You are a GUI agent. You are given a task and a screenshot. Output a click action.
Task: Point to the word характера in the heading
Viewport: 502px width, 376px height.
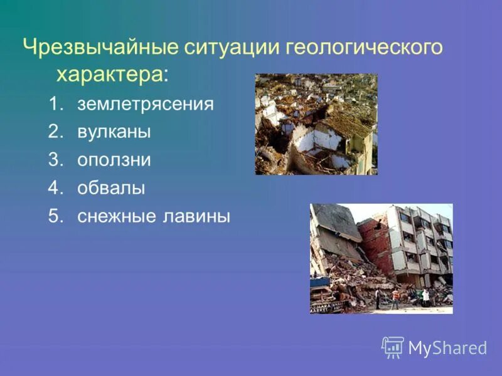coord(110,75)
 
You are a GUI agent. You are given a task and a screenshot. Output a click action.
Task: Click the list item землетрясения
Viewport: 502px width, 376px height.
coord(146,104)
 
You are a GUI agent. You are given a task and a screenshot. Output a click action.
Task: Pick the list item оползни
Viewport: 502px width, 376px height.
coord(114,160)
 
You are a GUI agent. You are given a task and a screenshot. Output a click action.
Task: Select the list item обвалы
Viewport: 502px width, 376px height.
coord(111,188)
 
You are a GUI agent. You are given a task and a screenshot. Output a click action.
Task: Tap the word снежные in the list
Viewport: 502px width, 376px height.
coord(117,216)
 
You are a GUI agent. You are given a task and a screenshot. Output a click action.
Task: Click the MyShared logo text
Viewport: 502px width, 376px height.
coord(447,348)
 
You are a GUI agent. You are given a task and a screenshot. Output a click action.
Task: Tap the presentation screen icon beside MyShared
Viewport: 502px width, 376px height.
coord(393,347)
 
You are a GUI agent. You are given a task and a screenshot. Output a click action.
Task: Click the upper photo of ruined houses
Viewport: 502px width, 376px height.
coord(316,124)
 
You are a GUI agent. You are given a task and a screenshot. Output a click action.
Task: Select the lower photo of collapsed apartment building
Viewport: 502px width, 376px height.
coord(381,258)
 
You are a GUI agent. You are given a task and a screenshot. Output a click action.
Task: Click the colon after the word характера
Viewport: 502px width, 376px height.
coord(166,76)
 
